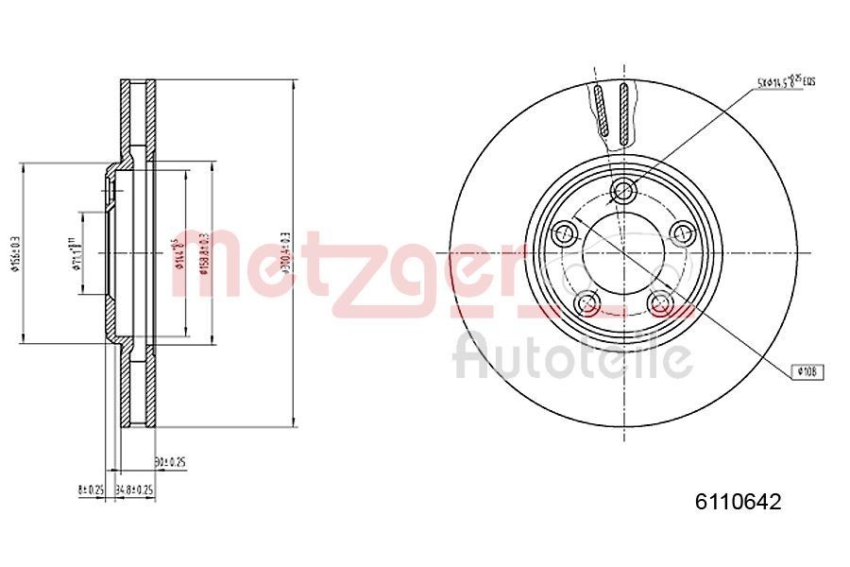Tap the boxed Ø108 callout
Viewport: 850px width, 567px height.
806,372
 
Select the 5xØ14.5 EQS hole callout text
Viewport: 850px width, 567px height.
785,82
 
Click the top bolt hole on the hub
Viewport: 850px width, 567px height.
622,191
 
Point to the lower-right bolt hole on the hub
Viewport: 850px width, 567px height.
660,302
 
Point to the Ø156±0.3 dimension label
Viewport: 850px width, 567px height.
13,253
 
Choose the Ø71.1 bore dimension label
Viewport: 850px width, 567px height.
73,253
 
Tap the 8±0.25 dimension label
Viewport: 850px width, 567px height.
90,490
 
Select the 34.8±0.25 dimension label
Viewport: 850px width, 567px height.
134,490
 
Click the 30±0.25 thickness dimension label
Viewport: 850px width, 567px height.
170,462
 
